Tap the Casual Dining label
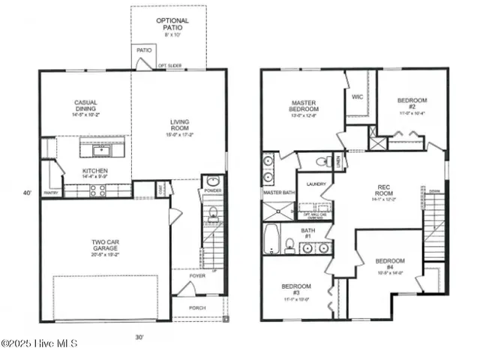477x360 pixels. tap(85, 106)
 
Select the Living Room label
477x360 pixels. tap(179, 125)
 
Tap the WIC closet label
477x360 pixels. tap(358, 96)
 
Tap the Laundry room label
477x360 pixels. tap(316, 182)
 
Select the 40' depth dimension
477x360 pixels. tap(28, 193)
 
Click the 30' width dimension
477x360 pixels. tap(139, 337)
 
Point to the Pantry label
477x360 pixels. tap(51, 193)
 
